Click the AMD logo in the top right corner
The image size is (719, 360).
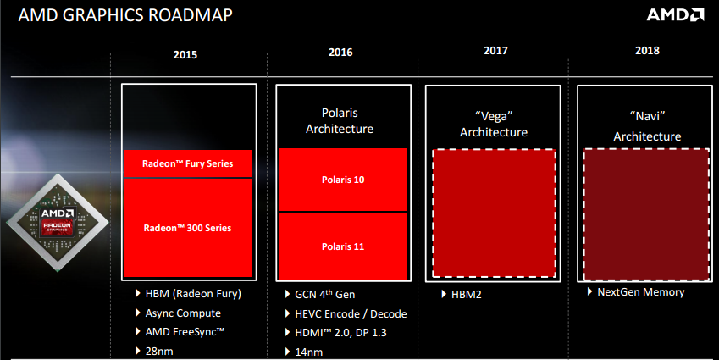coord(676,15)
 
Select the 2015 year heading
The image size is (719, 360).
coord(185,54)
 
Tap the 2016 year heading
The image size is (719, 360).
coord(340,53)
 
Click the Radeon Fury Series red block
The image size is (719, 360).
coord(188,163)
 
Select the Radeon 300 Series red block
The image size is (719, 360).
coord(188,227)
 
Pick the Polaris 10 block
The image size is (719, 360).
coord(343,180)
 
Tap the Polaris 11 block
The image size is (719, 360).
coord(343,246)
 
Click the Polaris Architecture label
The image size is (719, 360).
coord(343,120)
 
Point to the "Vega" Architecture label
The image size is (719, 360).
coord(494,124)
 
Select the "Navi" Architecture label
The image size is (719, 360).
coord(647,128)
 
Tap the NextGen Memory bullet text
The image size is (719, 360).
coord(641,292)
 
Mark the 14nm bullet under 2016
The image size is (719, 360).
coord(312,350)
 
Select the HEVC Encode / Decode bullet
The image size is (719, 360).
coord(351,313)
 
